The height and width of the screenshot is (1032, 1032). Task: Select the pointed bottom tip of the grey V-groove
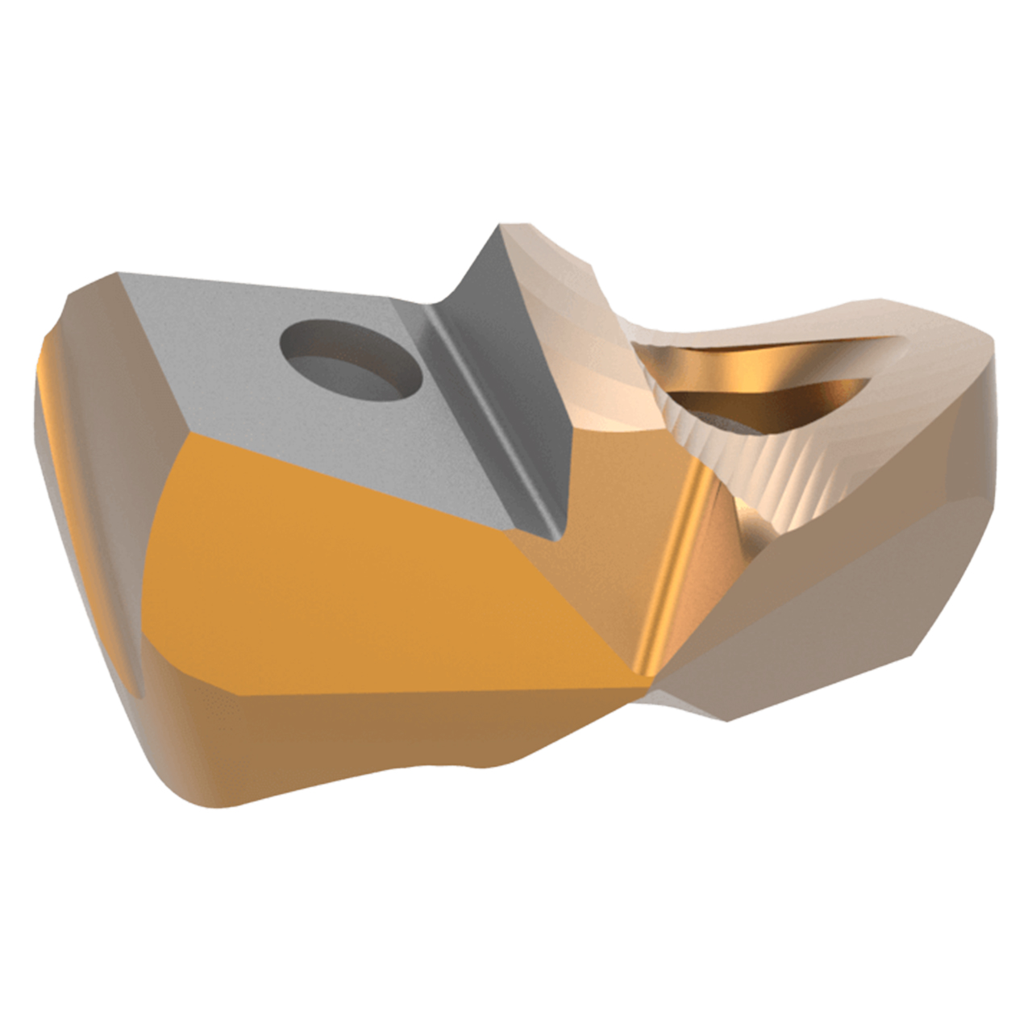[556, 536]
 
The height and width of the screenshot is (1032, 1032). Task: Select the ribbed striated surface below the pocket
[774, 476]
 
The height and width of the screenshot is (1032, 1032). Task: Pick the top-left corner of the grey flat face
[121, 276]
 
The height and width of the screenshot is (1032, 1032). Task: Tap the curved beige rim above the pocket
[806, 322]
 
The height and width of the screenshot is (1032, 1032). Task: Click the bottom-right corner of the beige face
[730, 718]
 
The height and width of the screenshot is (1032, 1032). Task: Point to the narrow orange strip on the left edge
[52, 419]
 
